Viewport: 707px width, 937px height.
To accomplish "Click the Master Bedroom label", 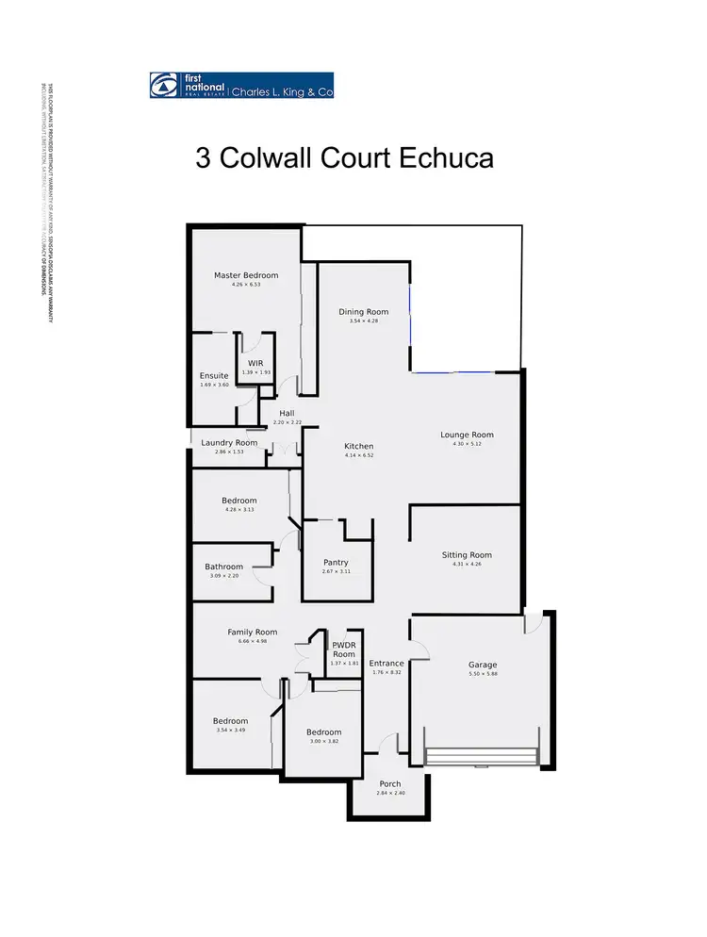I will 246,275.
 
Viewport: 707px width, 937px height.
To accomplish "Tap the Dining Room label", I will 363,312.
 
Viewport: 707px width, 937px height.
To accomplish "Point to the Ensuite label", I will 214,376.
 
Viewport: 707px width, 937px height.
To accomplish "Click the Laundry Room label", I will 229,442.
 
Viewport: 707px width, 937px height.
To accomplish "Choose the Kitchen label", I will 358,446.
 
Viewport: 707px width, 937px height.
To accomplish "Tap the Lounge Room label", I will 467,435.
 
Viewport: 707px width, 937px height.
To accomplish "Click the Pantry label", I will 336,563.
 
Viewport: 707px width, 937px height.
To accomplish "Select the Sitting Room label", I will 467,555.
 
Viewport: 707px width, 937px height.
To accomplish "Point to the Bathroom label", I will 223,567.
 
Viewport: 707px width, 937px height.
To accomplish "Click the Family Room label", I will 252,632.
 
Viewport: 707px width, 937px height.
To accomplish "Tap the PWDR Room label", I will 343,649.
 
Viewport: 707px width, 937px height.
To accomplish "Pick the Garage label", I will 483,665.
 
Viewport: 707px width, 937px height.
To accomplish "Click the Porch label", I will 389,783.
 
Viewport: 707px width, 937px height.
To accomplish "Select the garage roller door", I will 482,758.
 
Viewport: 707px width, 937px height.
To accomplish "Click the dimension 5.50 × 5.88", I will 483,675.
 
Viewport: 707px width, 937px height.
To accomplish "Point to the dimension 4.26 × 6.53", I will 246,285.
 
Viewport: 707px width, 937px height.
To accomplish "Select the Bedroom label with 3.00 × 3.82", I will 324,732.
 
